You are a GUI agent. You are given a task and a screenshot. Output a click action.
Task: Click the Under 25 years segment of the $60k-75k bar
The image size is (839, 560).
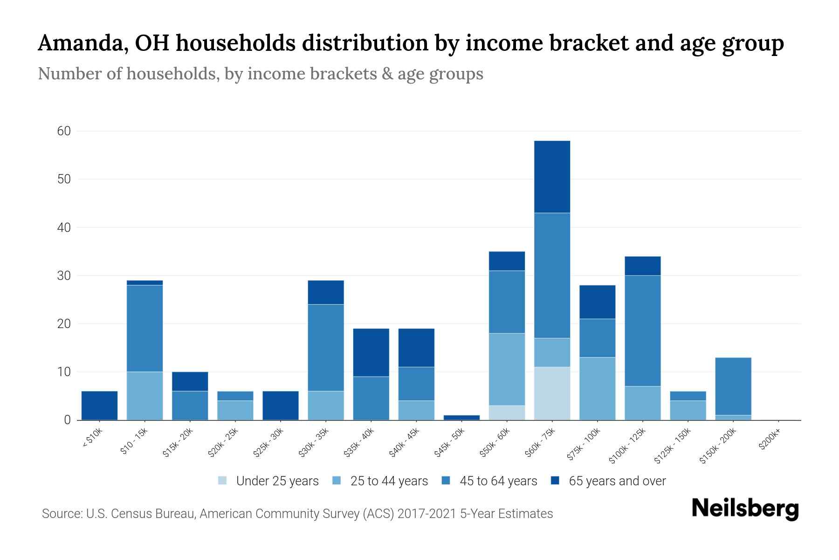coord(552,393)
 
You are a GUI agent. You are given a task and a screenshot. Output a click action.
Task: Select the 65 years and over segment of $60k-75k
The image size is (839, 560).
coord(552,177)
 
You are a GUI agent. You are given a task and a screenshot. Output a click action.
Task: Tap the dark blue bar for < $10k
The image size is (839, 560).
coord(99,406)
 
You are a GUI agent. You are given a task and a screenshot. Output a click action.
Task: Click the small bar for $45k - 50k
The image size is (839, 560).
coord(461,417)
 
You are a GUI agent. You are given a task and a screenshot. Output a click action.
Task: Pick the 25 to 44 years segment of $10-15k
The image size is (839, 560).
coord(144,396)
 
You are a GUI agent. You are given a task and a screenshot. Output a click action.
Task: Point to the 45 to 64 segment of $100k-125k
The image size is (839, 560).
coord(642,330)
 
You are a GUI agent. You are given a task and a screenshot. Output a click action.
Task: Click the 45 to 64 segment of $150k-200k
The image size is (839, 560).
coord(733,386)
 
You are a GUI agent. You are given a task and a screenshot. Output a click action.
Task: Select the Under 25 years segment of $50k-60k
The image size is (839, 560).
coord(507,413)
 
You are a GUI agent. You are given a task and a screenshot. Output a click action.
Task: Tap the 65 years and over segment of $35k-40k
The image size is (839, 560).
coord(371,352)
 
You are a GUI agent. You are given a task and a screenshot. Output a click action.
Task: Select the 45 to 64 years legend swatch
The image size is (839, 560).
coord(446,481)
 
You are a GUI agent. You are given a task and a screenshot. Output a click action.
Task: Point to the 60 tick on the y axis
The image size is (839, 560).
coord(64,131)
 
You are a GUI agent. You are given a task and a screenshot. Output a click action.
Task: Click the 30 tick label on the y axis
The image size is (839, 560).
coord(64,276)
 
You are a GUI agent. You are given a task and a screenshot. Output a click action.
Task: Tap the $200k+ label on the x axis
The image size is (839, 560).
coord(769,440)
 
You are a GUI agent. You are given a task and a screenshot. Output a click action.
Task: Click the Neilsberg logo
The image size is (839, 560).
coord(745,509)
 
